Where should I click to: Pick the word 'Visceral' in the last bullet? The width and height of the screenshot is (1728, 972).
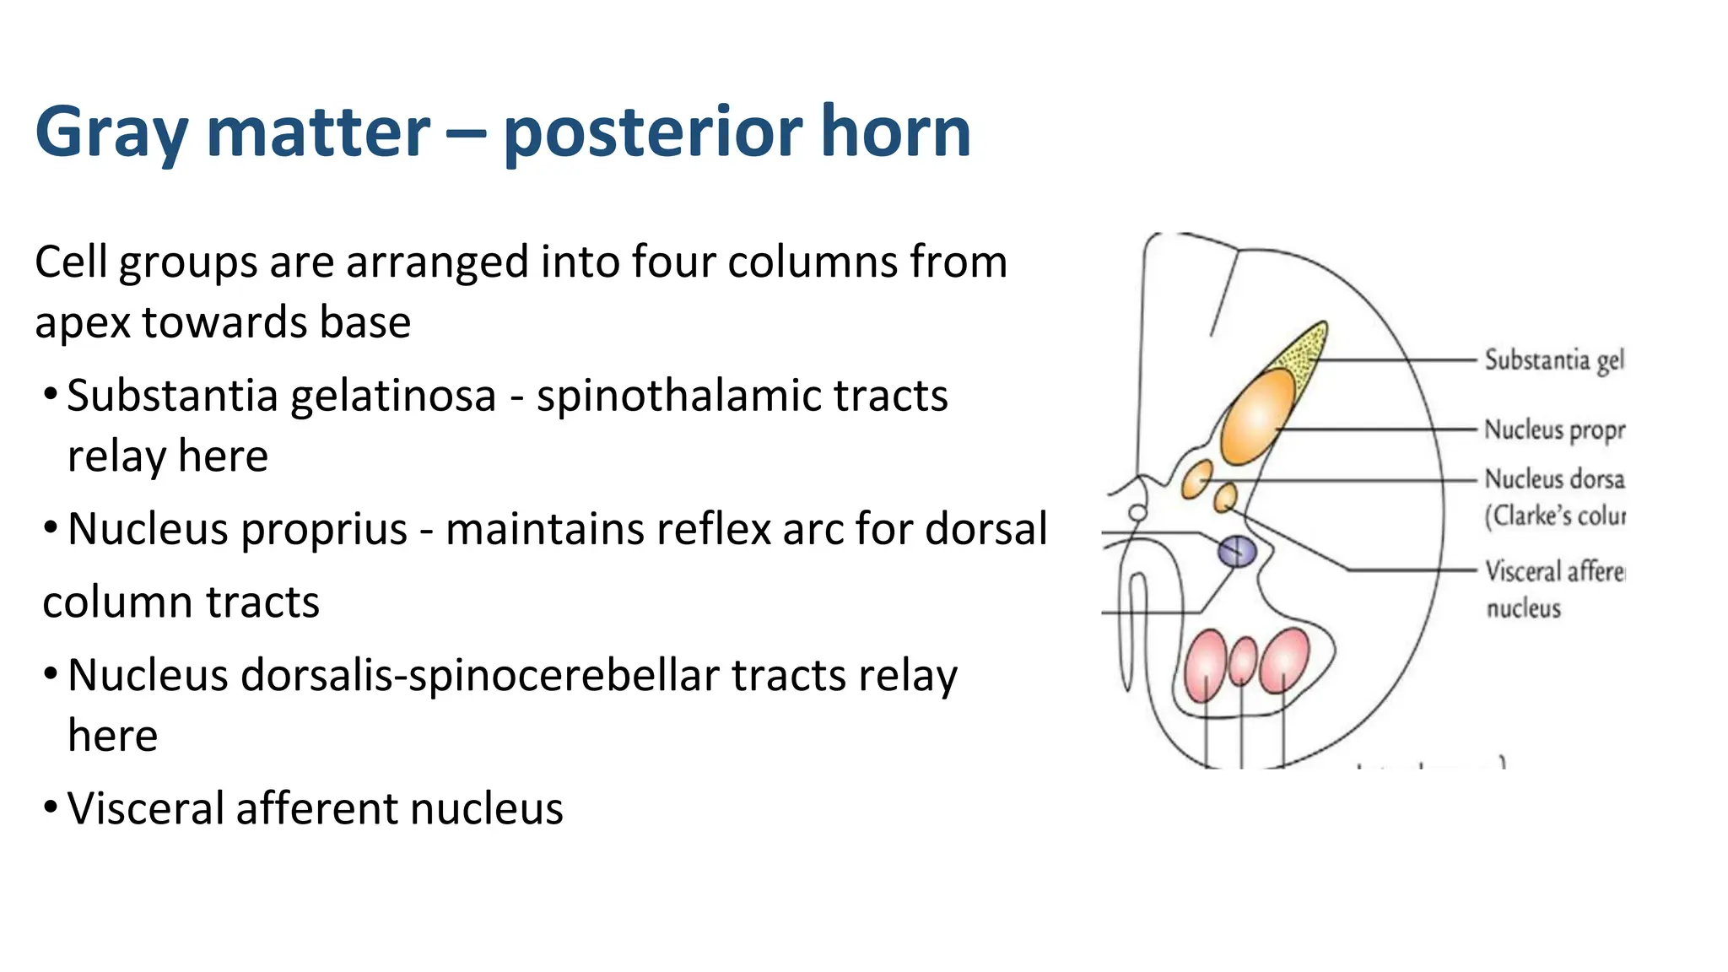(146, 809)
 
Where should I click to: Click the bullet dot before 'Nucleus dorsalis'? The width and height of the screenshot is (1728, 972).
(51, 674)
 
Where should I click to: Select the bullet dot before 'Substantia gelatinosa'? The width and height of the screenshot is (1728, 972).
(51, 394)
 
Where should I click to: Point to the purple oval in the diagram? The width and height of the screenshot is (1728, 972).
(1237, 553)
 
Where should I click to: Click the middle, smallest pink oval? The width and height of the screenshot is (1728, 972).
(1243, 661)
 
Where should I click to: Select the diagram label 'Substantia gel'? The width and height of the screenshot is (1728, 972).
(1553, 361)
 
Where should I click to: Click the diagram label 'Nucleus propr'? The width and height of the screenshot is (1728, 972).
(1553, 430)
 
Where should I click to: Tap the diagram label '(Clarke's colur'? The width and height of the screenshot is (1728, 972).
(1554, 516)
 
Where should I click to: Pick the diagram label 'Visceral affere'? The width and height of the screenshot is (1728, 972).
(1554, 572)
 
